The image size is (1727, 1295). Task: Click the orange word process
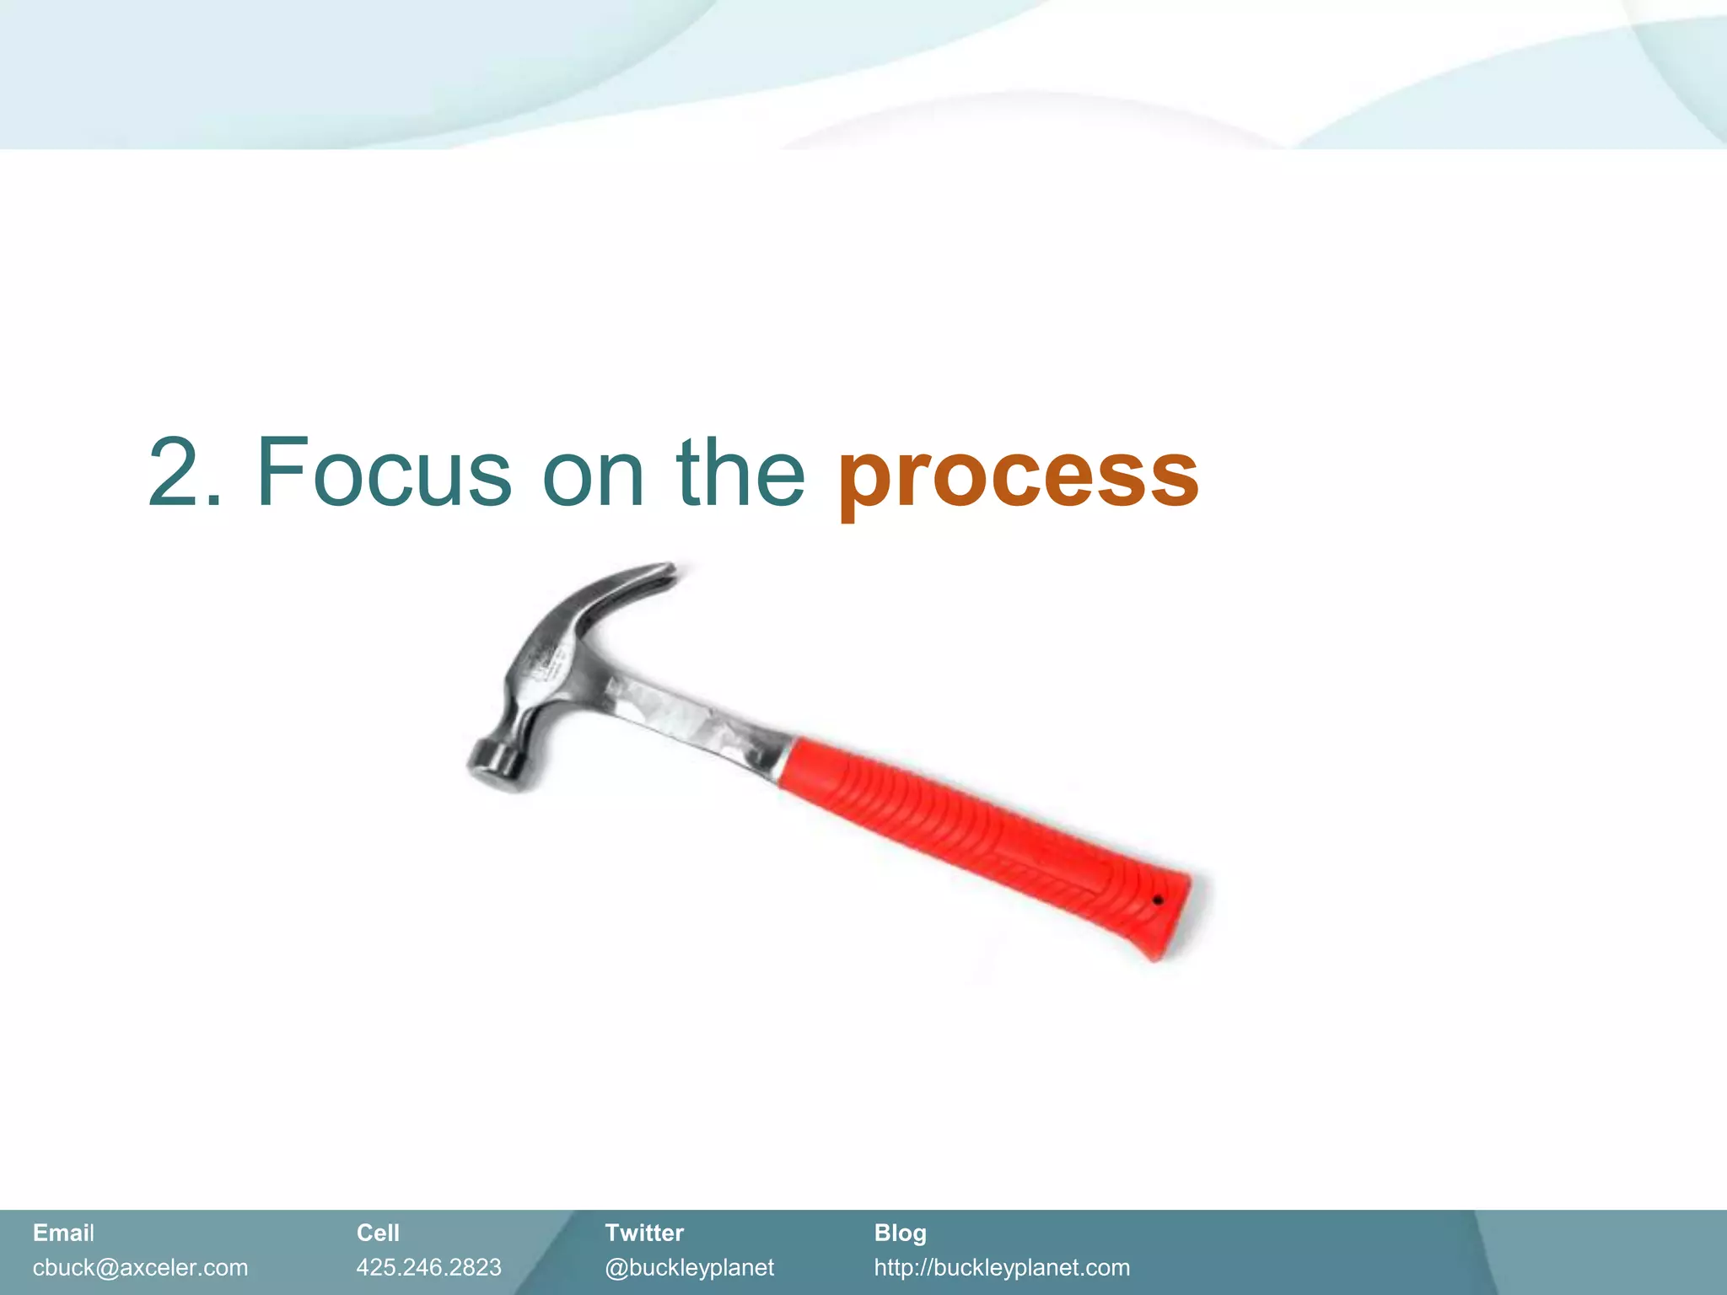tap(1018, 476)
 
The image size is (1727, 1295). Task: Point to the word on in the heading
tap(593, 476)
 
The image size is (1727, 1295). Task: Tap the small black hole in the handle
tap(1158, 900)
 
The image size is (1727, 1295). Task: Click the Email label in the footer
tap(63, 1233)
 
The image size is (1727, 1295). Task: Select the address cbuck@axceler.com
tap(140, 1267)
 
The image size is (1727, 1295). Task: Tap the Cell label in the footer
tap(377, 1233)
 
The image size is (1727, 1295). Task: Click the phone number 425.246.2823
tap(428, 1267)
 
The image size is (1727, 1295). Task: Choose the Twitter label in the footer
tap(643, 1233)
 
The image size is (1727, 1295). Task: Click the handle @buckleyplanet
tap(689, 1267)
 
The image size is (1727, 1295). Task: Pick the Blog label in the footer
tap(900, 1233)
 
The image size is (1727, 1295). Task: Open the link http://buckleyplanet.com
tap(1001, 1267)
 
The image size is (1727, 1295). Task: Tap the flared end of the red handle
tap(1168, 915)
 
